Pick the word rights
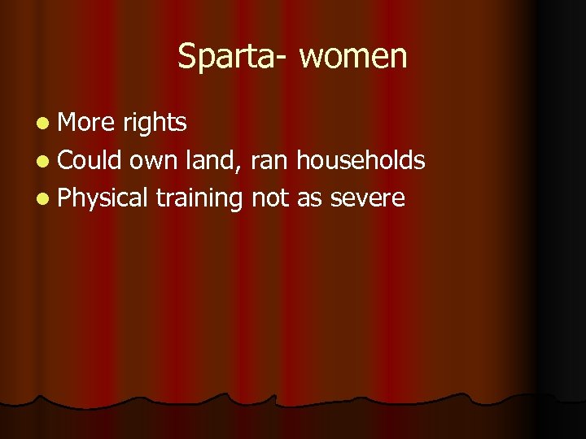click(155, 122)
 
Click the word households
click(361, 159)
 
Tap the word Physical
click(103, 198)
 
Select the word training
click(199, 198)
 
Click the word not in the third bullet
click(270, 198)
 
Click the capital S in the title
click(186, 57)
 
